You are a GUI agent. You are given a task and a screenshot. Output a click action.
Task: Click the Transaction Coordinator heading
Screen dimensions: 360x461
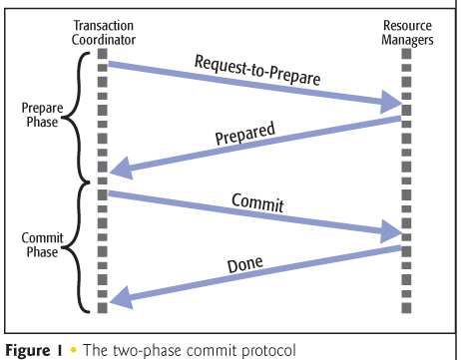click(x=102, y=32)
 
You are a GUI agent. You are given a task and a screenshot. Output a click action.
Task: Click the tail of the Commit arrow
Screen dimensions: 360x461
click(x=112, y=192)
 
